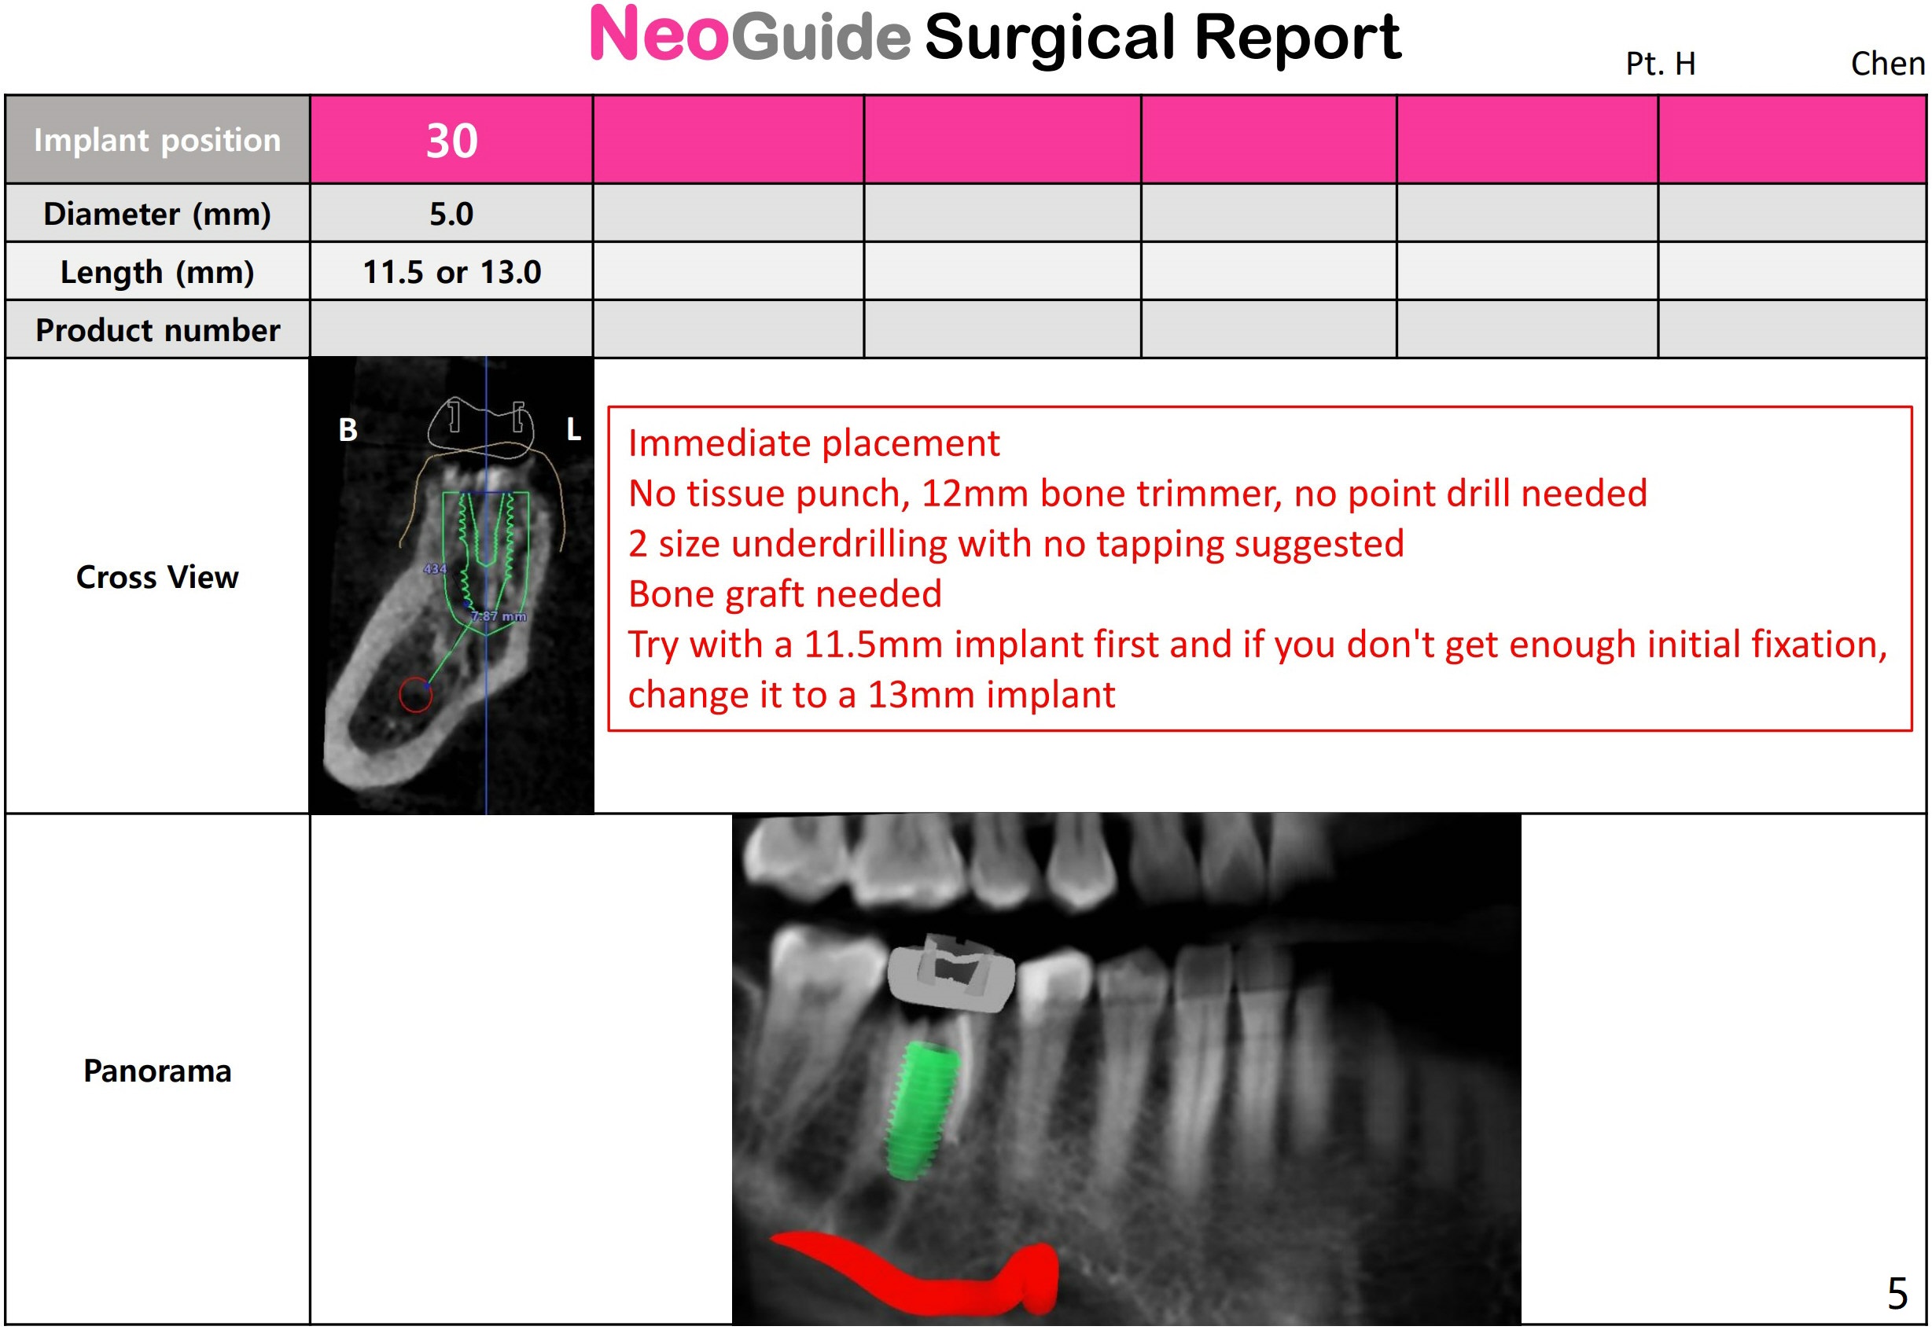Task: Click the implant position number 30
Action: point(452,140)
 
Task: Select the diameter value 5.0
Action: point(452,214)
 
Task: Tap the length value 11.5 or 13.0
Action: point(452,273)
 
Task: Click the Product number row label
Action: point(157,330)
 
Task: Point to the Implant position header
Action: point(157,140)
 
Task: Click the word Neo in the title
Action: point(659,35)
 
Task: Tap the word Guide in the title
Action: point(821,37)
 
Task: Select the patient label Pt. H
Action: point(1660,64)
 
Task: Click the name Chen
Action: point(1888,64)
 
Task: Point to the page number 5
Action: point(1898,1293)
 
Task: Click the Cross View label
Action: point(157,577)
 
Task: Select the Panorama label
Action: point(157,1071)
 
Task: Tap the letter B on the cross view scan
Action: point(348,430)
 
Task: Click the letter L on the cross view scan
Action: point(573,430)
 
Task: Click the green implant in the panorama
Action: point(921,1110)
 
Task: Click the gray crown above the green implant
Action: point(951,972)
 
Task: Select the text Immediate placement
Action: point(814,443)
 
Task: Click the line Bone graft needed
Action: point(784,594)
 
